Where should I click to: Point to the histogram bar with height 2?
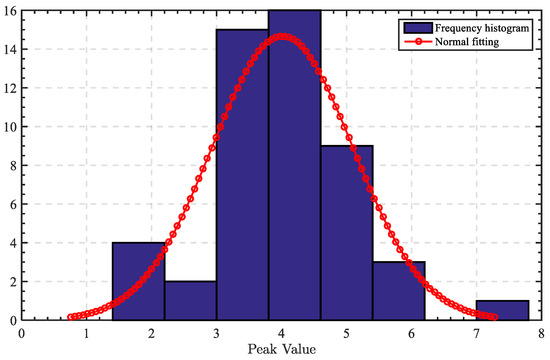click(190, 300)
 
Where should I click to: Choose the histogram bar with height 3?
click(398, 291)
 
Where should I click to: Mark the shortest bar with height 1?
click(502, 310)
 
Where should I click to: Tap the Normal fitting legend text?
click(465, 43)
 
